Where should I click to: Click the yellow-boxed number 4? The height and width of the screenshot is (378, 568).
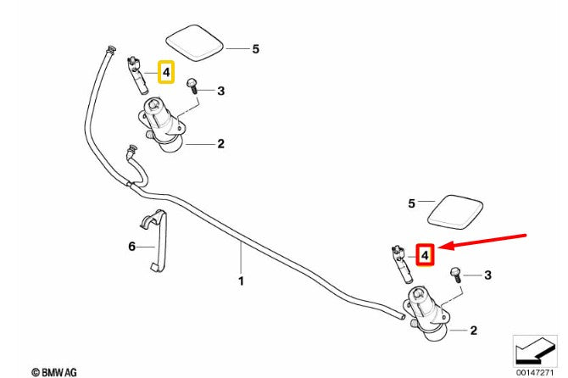point(166,72)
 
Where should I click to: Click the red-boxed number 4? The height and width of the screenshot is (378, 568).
point(425,255)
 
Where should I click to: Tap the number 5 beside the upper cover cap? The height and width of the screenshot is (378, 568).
point(256,49)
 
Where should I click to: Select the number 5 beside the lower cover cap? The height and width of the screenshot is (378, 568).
point(411,203)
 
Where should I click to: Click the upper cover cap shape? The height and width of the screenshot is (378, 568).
point(194,43)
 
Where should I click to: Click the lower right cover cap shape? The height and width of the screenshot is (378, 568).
point(455,213)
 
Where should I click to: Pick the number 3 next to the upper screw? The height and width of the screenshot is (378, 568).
point(221,91)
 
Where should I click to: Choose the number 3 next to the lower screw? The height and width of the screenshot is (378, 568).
point(488,275)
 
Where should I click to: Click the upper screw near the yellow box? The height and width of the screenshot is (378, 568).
point(192,86)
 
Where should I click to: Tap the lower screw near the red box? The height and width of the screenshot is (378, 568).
point(455,275)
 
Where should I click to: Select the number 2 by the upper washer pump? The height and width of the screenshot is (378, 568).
point(221,144)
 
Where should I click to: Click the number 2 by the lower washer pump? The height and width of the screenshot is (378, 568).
point(473,331)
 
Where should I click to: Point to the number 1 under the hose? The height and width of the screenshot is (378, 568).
point(242,281)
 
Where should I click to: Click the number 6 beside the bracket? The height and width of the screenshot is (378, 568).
point(132,246)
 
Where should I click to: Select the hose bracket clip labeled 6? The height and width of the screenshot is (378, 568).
point(154,240)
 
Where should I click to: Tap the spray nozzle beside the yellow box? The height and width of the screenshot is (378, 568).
point(137,75)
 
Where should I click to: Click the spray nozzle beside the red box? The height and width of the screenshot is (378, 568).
point(401,264)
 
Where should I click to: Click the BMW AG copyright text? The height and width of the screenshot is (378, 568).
point(54,372)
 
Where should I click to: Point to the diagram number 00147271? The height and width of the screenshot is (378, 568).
point(535,373)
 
